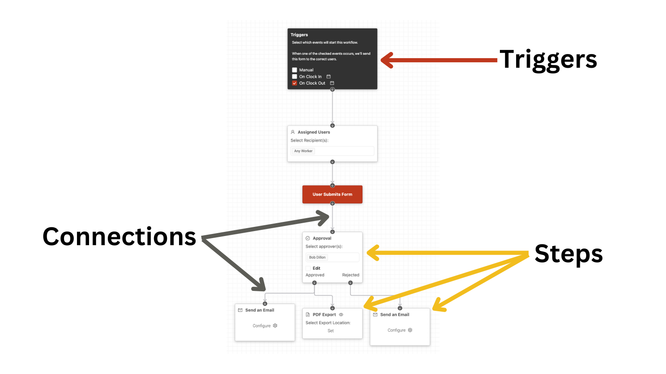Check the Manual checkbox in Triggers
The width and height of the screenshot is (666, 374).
point(294,70)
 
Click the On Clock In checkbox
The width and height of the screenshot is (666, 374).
point(294,76)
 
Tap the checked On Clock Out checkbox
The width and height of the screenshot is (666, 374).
point(294,83)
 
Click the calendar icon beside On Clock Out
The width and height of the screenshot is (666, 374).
point(332,83)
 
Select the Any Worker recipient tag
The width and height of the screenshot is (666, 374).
point(303,151)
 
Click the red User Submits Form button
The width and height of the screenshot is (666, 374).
point(333,194)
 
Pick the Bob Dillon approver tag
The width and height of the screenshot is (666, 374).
point(317,257)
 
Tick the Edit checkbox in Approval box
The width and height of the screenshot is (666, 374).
point(308,268)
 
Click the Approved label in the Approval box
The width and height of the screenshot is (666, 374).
point(315,275)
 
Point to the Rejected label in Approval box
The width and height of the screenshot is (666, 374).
point(350,275)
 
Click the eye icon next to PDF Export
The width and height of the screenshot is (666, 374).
point(341,315)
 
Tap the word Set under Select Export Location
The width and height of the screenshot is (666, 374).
point(331,331)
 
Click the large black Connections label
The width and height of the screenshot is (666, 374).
point(119,236)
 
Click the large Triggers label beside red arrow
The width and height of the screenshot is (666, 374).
point(548,60)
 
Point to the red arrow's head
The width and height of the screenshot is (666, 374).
point(382,60)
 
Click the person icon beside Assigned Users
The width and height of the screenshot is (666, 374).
point(293,132)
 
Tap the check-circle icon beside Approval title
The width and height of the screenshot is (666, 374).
point(308,239)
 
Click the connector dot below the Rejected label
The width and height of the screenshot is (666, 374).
point(350,283)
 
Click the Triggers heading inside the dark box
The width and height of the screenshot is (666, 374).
point(299,35)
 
